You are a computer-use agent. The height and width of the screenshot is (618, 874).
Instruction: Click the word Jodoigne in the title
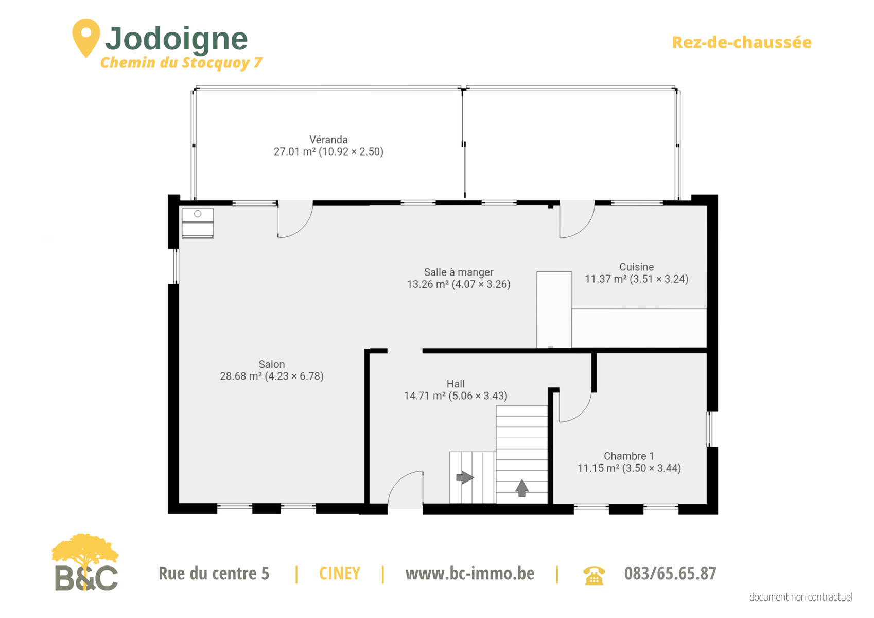pyautogui.click(x=177, y=40)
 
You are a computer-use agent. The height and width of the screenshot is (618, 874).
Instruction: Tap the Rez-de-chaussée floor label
pyautogui.click(x=742, y=42)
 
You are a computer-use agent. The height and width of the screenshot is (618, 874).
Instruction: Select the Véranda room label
pyautogui.click(x=328, y=140)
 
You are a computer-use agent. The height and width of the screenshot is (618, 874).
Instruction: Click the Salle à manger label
pyautogui.click(x=459, y=272)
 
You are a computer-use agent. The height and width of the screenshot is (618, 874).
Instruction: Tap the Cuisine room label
pyautogui.click(x=636, y=267)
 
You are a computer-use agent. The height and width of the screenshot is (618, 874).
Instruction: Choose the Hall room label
pyautogui.click(x=456, y=384)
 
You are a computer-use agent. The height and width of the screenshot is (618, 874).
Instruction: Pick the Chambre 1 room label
pyautogui.click(x=629, y=456)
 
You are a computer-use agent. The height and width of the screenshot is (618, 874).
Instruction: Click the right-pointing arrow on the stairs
pyautogui.click(x=465, y=477)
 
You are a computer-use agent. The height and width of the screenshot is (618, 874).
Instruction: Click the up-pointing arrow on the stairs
pyautogui.click(x=521, y=488)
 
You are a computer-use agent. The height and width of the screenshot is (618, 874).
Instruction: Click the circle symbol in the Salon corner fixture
pyautogui.click(x=198, y=214)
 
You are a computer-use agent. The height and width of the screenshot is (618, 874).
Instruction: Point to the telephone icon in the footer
pyautogui.click(x=594, y=575)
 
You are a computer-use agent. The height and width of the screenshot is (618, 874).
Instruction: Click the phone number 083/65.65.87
pyautogui.click(x=670, y=574)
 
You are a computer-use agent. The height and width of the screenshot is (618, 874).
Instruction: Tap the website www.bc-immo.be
pyautogui.click(x=470, y=574)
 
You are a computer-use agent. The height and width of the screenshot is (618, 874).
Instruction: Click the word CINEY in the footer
pyautogui.click(x=339, y=574)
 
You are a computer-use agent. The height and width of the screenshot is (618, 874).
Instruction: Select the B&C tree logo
pyautogui.click(x=85, y=562)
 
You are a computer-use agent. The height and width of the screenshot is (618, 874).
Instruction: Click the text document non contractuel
pyautogui.click(x=800, y=597)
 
